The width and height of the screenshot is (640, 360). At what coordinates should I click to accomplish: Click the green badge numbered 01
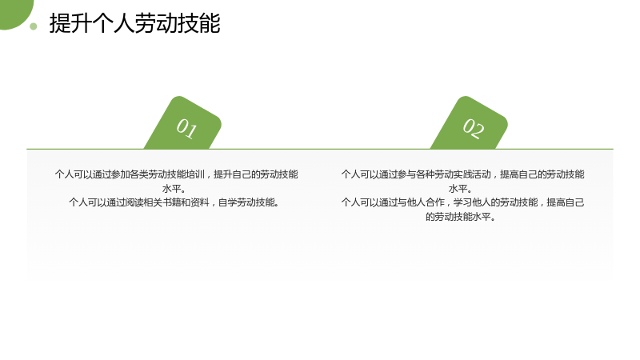183,125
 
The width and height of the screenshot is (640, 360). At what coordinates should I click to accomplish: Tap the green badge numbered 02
470,125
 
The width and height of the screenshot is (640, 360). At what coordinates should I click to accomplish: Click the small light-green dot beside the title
34,26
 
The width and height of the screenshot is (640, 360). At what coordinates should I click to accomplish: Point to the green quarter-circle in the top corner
14,12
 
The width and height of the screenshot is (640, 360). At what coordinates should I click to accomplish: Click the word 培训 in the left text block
195,174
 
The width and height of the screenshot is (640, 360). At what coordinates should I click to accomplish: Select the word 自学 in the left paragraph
227,202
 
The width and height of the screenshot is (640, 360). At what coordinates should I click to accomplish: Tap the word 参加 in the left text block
121,174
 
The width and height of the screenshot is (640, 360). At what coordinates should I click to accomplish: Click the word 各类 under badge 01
139,174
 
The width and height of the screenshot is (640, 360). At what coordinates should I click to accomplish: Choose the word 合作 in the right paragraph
435,202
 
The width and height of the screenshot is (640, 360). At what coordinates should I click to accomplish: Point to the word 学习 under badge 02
463,202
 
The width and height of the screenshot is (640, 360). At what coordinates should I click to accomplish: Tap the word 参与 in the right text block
406,174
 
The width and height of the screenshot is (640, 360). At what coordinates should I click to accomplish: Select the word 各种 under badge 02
426,174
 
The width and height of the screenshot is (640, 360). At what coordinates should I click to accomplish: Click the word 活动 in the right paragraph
482,174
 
